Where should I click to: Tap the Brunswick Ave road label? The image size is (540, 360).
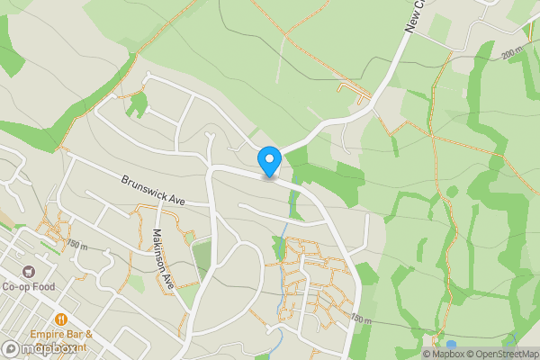tap(152, 189)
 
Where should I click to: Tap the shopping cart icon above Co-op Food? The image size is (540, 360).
tap(29, 272)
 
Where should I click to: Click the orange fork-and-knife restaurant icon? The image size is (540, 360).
tap(61, 319)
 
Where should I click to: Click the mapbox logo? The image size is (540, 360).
tap(40, 348)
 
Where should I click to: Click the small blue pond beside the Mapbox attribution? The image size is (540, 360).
tap(451, 344)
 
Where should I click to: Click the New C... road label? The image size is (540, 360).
tap(414, 16)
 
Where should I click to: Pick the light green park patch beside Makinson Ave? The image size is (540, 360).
tap(202, 255)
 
